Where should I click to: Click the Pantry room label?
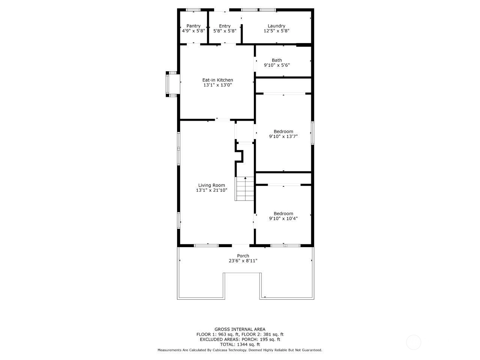pyautogui.click(x=193, y=26)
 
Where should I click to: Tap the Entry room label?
pyautogui.click(x=225, y=26)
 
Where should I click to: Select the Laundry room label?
pyautogui.click(x=276, y=26)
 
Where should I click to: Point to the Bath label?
pyautogui.click(x=277, y=60)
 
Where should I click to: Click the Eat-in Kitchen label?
pyautogui.click(x=217, y=80)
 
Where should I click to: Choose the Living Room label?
pyautogui.click(x=211, y=185)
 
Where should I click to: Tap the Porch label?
pyautogui.click(x=243, y=256)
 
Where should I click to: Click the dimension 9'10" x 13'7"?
pyautogui.click(x=283, y=136)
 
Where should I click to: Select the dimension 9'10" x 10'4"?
pyautogui.click(x=283, y=218)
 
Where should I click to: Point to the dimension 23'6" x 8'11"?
pyautogui.click(x=243, y=261)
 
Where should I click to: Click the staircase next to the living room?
pyautogui.click(x=244, y=189)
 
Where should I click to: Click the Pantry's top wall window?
pyautogui.click(x=193, y=10)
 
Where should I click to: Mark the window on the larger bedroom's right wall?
pyautogui.click(x=312, y=133)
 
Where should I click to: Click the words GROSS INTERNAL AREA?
pyautogui.click(x=240, y=329)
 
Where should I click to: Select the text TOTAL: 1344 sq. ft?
pyautogui.click(x=240, y=345)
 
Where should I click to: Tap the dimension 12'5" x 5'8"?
pyautogui.click(x=276, y=31)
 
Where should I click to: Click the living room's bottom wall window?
pyautogui.click(x=206, y=246)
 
